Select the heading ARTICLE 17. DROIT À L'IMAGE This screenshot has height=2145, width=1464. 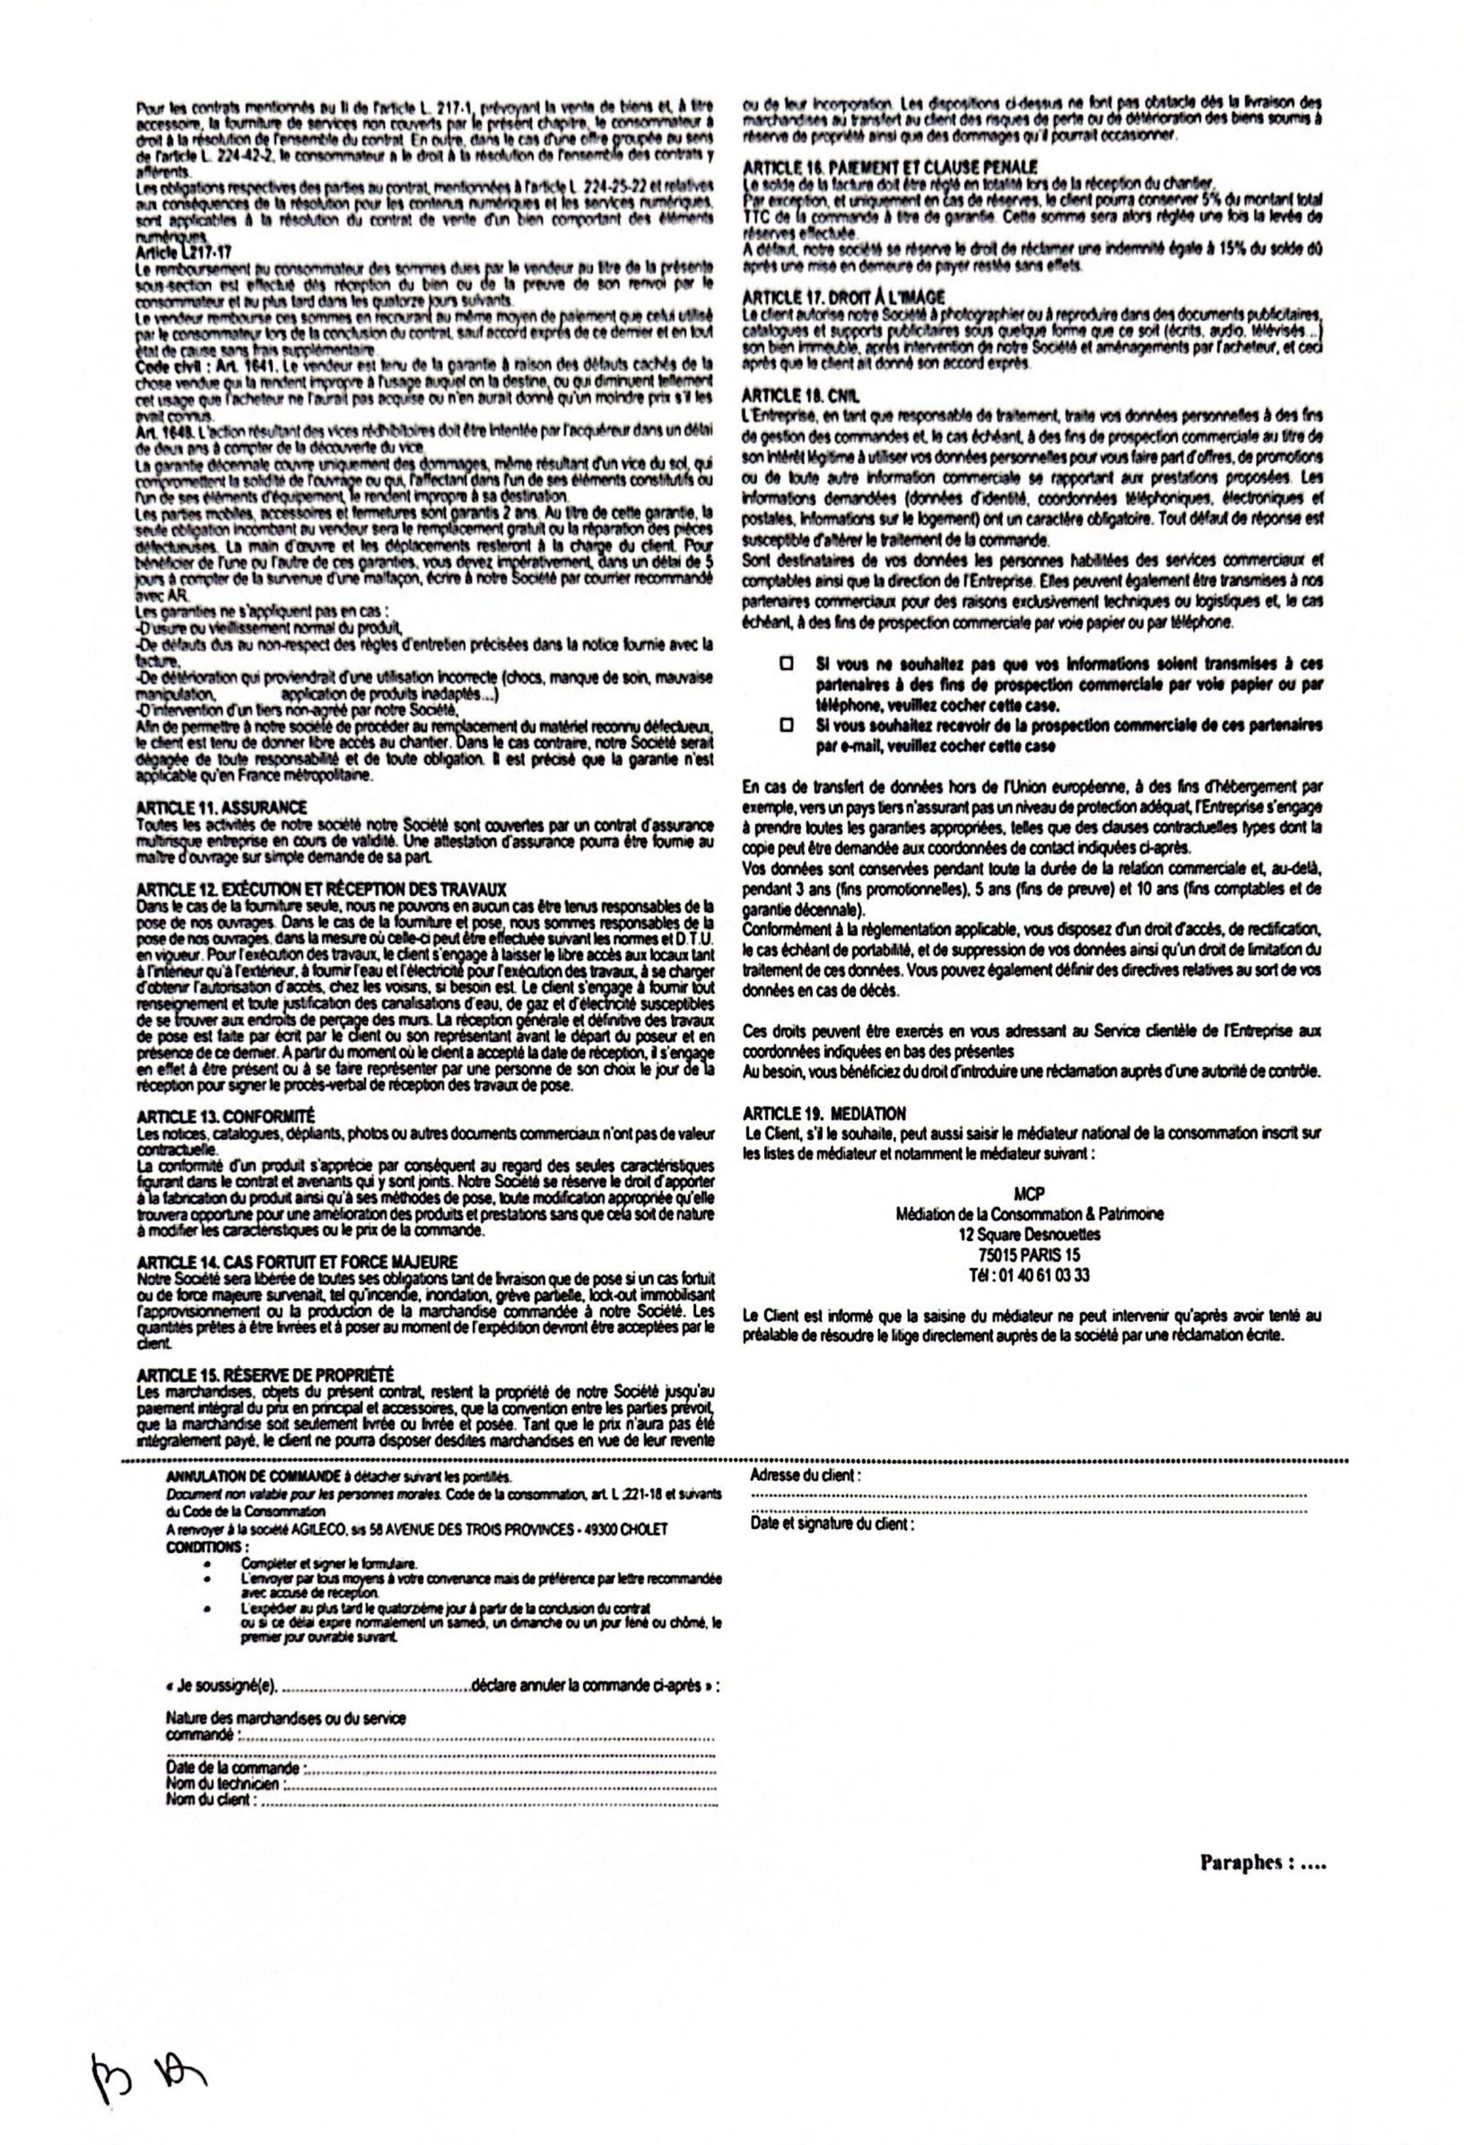pos(845,297)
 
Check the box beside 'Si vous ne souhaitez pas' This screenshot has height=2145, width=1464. pos(786,664)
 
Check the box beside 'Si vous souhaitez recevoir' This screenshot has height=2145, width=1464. pos(786,725)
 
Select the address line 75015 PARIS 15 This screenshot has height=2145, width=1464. pos(1029,1255)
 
